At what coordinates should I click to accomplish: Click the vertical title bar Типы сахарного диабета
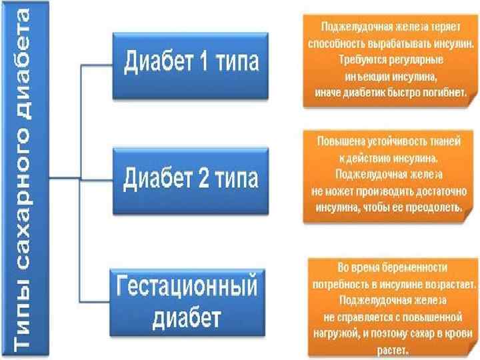click(x=24, y=180)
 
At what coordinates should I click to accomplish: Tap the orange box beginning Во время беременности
click(x=392, y=307)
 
